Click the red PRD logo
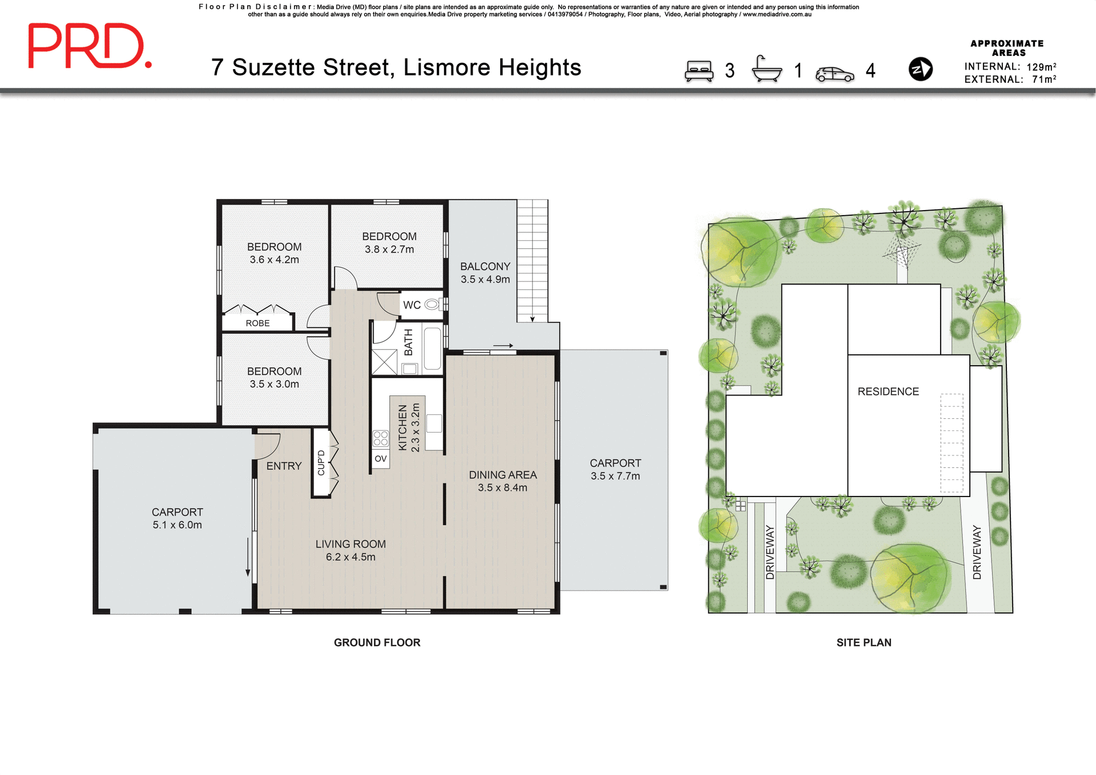pyautogui.click(x=90, y=46)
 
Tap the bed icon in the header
pyautogui.click(x=699, y=71)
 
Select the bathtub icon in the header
pyautogui.click(x=767, y=70)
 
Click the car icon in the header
pyautogui.click(x=835, y=74)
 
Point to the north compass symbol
pyautogui.click(x=920, y=69)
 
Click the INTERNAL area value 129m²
pyautogui.click(x=1041, y=67)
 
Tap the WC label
pyautogui.click(x=412, y=305)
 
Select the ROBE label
pyautogui.click(x=257, y=323)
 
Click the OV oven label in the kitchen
pyautogui.click(x=381, y=459)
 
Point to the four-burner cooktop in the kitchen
pyautogui.click(x=381, y=438)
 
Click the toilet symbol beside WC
pyautogui.click(x=432, y=304)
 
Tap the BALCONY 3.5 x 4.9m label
pyautogui.click(x=485, y=273)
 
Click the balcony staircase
pyautogui.click(x=533, y=260)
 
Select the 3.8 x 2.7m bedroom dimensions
pyautogui.click(x=389, y=249)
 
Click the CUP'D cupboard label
pyautogui.click(x=321, y=462)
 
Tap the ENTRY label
pyautogui.click(x=284, y=466)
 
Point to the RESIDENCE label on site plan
pyautogui.click(x=888, y=391)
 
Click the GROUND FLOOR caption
pyautogui.click(x=377, y=643)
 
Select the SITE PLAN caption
pyautogui.click(x=863, y=643)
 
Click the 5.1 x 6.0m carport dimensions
pyautogui.click(x=177, y=525)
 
